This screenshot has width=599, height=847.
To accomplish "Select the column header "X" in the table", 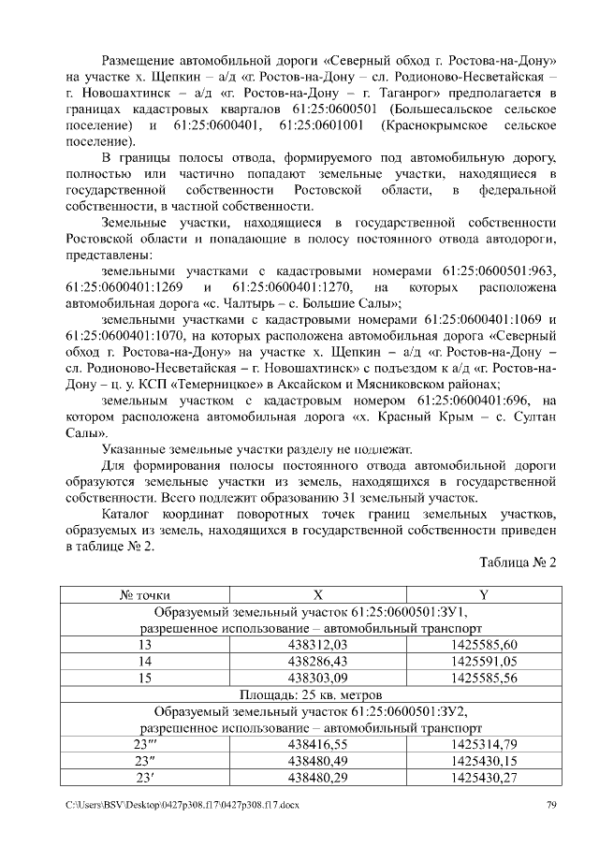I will coord(317,593).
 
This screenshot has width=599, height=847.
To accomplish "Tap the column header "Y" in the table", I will coord(483,593).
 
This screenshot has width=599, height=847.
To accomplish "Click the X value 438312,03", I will coord(317,645).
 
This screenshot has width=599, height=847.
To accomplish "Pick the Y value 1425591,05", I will coord(483,661).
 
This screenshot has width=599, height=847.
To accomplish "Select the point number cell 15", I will coord(144,678).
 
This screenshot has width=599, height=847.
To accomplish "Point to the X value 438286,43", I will coord(317,661).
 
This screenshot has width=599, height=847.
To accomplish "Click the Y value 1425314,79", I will coord(483,745).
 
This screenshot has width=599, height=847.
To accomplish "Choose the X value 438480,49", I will coord(317,761).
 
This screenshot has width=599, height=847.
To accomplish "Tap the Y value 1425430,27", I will coord(483,778).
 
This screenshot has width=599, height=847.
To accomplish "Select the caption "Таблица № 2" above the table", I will coord(518,563).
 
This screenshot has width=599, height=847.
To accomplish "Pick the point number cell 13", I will coord(144,645).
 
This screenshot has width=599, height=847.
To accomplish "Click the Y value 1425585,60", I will coord(483,645).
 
